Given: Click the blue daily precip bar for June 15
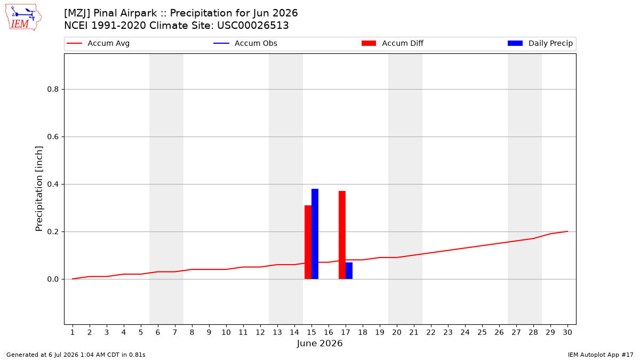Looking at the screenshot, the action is pyautogui.click(x=315, y=234).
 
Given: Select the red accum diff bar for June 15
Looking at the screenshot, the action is pyautogui.click(x=308, y=242).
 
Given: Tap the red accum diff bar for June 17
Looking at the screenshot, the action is pyautogui.click(x=342, y=235).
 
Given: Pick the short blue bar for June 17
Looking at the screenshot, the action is pyautogui.click(x=349, y=270).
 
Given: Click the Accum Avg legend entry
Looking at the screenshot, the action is pyautogui.click(x=98, y=43).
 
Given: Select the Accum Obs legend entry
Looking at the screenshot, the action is pyautogui.click(x=245, y=43).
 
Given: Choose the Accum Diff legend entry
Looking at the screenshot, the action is pyautogui.click(x=393, y=43).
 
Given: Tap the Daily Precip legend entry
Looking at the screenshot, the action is pyautogui.click(x=540, y=43).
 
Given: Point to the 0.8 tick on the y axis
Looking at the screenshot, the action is pyautogui.click(x=53, y=90).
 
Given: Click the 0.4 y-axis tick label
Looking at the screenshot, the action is pyautogui.click(x=53, y=185).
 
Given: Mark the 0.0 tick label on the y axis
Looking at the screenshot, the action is pyautogui.click(x=53, y=279).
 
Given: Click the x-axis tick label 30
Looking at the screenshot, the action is pyautogui.click(x=567, y=332).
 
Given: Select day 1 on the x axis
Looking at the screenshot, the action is pyautogui.click(x=73, y=332).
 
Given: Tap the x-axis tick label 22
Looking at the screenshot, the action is pyautogui.click(x=431, y=332).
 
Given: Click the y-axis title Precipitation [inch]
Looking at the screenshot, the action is pyautogui.click(x=39, y=189).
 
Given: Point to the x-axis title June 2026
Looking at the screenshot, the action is pyautogui.click(x=319, y=343).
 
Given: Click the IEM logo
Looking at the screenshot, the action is pyautogui.click(x=23, y=18).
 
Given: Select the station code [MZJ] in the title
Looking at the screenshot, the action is pyautogui.click(x=77, y=13).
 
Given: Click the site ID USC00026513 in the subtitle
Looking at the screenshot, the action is pyautogui.click(x=253, y=26).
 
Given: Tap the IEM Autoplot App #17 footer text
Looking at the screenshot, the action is pyautogui.click(x=601, y=355).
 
